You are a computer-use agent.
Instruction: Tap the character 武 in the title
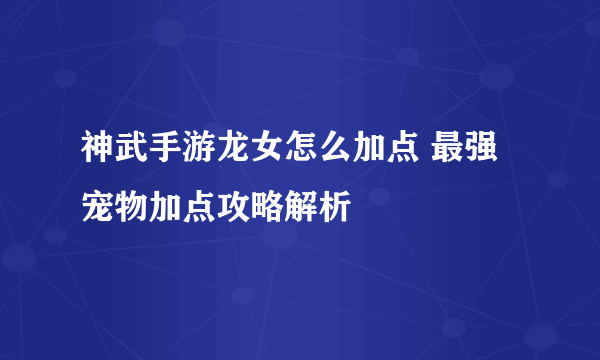click(127, 145)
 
